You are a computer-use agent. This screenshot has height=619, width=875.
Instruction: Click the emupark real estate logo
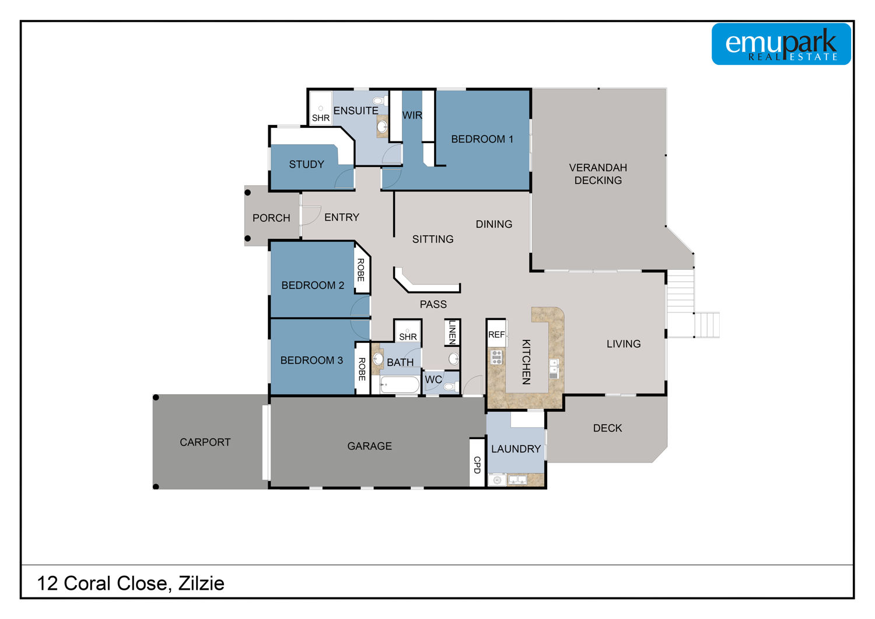tap(781, 44)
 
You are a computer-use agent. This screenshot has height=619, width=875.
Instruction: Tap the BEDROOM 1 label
tap(482, 139)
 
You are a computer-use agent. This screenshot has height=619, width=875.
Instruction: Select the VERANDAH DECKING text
tap(598, 174)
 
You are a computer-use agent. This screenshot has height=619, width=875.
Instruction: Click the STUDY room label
tap(307, 164)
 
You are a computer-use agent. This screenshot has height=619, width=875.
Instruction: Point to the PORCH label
tap(271, 218)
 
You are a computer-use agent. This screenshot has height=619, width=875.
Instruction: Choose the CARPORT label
tap(205, 442)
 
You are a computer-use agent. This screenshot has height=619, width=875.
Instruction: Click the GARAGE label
tap(369, 446)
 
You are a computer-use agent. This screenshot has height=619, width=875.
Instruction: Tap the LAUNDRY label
tap(516, 449)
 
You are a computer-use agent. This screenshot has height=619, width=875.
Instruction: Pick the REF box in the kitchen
tap(496, 333)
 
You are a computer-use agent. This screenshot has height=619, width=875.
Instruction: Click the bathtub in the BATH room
tap(400, 385)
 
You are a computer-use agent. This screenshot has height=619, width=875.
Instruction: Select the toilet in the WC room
tap(450, 387)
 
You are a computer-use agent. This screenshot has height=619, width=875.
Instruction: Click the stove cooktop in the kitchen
tap(496, 357)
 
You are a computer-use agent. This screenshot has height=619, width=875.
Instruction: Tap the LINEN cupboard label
tap(452, 332)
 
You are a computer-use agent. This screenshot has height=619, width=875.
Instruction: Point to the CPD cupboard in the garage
tap(477, 463)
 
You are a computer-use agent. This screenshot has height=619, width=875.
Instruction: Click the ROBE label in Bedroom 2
tap(361, 270)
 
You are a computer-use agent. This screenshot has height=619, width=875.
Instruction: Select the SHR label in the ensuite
tap(321, 118)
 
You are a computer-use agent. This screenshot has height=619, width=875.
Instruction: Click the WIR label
tap(412, 116)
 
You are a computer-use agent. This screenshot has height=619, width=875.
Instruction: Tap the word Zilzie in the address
tap(201, 583)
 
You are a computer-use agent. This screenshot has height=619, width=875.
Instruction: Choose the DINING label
tap(494, 224)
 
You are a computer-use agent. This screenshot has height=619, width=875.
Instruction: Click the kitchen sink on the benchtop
tap(554, 368)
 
